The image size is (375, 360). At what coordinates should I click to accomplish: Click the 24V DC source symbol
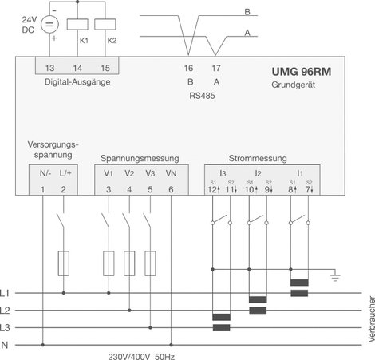(49, 25)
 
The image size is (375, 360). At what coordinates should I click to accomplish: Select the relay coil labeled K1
(77, 24)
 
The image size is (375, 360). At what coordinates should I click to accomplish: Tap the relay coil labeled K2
(105, 24)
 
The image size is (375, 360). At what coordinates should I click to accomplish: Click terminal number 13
(49, 68)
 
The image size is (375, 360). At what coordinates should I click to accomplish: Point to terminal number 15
(105, 68)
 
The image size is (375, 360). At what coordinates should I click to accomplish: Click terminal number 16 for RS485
(188, 68)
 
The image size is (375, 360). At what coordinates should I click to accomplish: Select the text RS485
(202, 96)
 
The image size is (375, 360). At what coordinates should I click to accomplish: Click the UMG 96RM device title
(302, 72)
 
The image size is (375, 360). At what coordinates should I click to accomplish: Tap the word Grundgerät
(294, 85)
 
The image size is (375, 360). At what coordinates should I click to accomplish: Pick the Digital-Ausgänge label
(77, 82)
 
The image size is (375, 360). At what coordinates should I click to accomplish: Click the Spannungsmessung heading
(140, 159)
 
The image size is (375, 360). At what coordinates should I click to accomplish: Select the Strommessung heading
(258, 158)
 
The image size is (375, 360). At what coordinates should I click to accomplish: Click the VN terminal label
(171, 173)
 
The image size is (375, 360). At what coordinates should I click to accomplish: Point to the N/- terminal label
(45, 173)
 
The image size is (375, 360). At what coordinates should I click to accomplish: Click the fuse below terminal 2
(64, 263)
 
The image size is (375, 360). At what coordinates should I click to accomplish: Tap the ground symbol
(335, 277)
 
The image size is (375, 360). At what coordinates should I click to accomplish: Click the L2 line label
(5, 311)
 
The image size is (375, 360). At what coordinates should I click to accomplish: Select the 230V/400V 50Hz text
(141, 356)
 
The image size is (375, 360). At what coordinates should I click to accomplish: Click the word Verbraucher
(371, 319)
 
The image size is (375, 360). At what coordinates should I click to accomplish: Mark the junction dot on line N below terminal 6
(171, 345)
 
